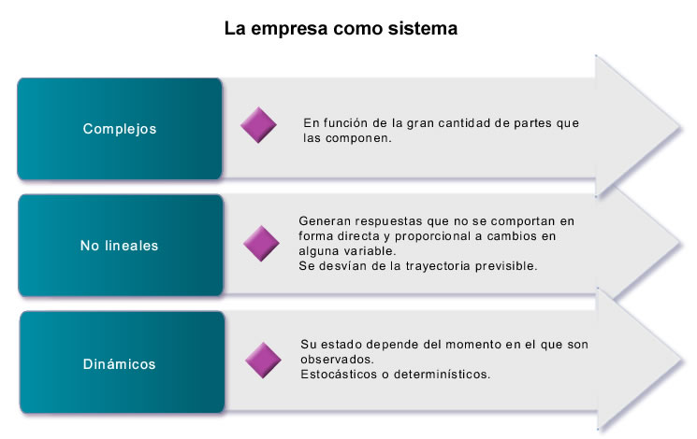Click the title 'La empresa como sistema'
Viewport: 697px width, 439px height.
point(341,29)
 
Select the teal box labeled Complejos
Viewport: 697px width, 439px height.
point(120,129)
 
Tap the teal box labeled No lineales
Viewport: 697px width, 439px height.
point(121,245)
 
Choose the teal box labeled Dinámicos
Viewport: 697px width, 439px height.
point(123,362)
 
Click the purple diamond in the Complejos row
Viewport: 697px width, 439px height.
point(259,125)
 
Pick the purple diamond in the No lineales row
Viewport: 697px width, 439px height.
point(261,243)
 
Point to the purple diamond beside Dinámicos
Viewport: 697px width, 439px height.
point(263,360)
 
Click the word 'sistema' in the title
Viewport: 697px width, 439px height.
point(423,29)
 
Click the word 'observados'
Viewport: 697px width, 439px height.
point(336,359)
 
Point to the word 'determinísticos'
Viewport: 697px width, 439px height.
point(441,375)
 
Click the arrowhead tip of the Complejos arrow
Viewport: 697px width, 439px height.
point(680,127)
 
